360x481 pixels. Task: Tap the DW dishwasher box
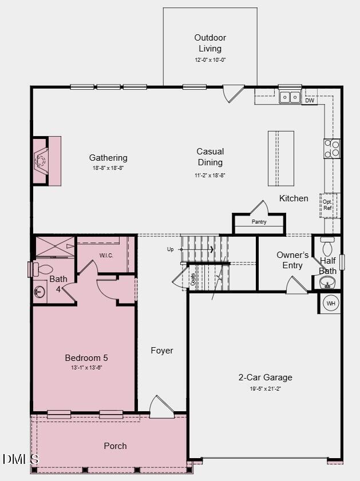point(310,101)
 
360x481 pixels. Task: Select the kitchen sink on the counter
point(290,97)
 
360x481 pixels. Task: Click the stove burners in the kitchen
point(332,148)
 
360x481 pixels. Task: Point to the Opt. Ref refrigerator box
point(328,205)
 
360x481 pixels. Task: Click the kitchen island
point(280,158)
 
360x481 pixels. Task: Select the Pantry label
point(259,222)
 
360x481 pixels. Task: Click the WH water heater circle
point(331,303)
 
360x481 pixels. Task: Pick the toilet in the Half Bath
point(327,247)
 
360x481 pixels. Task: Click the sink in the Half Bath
point(327,282)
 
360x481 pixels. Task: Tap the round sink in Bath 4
point(39,292)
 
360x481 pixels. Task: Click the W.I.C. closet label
point(106,255)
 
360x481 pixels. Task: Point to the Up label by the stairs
point(170,249)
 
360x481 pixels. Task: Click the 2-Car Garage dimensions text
point(265,389)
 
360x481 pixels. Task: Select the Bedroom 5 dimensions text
point(86,368)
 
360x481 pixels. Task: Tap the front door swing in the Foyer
point(161,407)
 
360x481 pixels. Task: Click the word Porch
point(115,446)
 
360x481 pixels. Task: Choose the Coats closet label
point(193,279)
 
